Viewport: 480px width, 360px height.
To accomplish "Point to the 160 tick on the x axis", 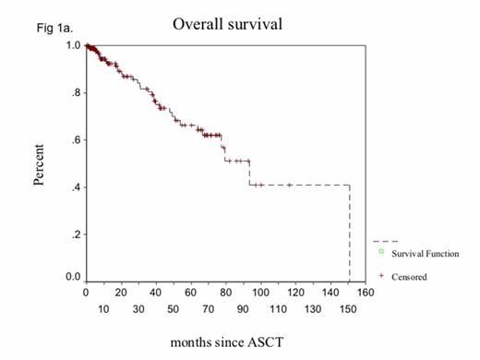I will pos(366,293).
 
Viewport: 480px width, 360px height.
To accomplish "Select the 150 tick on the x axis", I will pos(348,309).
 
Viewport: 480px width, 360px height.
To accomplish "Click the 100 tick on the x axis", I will pos(261,293).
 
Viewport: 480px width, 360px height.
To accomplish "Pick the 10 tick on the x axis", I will pos(103,309).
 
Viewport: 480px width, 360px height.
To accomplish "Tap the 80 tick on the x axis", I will pos(226,293).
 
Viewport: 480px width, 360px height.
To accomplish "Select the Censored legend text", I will pos(410,276).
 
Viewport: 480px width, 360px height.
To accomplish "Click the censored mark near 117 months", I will pos(290,185).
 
